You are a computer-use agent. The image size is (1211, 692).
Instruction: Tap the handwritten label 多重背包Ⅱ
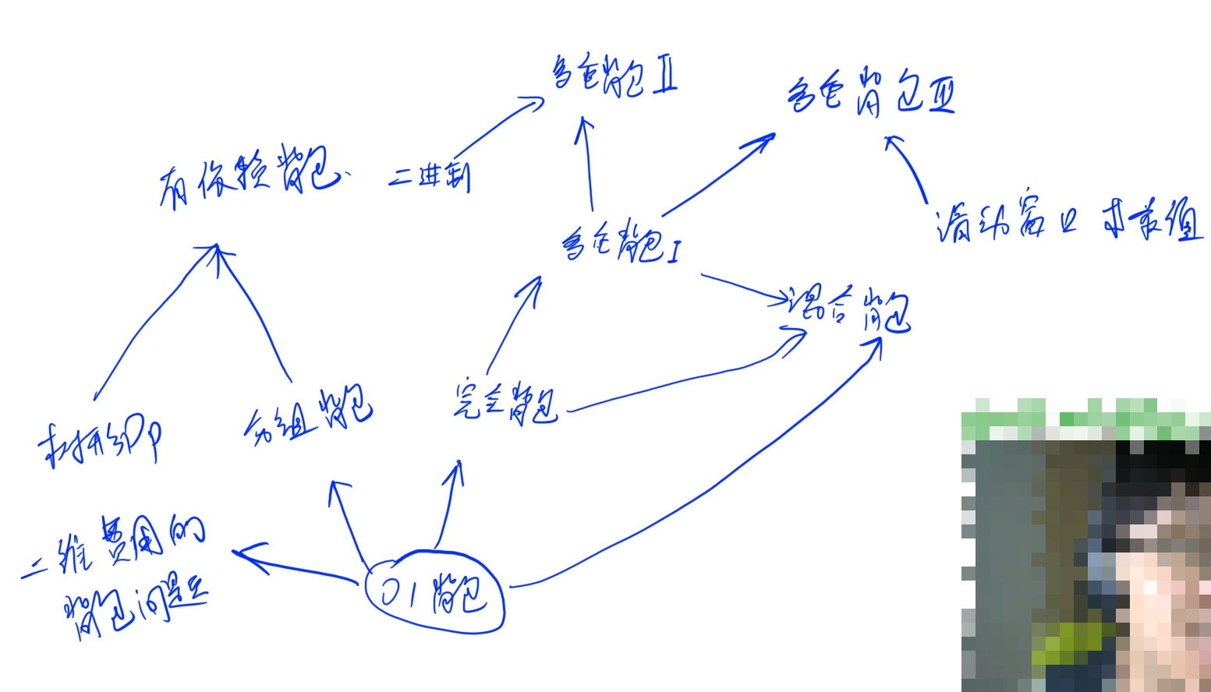pyautogui.click(x=614, y=76)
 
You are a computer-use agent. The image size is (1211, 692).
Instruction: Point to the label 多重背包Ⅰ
pyautogui.click(x=620, y=242)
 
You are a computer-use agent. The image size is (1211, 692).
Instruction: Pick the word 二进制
pyautogui.click(x=430, y=177)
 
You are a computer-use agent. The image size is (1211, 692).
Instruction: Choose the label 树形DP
pyautogui.click(x=101, y=443)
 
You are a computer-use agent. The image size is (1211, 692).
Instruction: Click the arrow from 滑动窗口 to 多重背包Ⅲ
pyautogui.click(x=906, y=168)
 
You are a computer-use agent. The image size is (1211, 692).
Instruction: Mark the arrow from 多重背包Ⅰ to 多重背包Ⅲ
pyautogui.click(x=717, y=175)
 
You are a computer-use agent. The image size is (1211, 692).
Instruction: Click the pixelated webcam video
pyautogui.click(x=1085, y=545)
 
